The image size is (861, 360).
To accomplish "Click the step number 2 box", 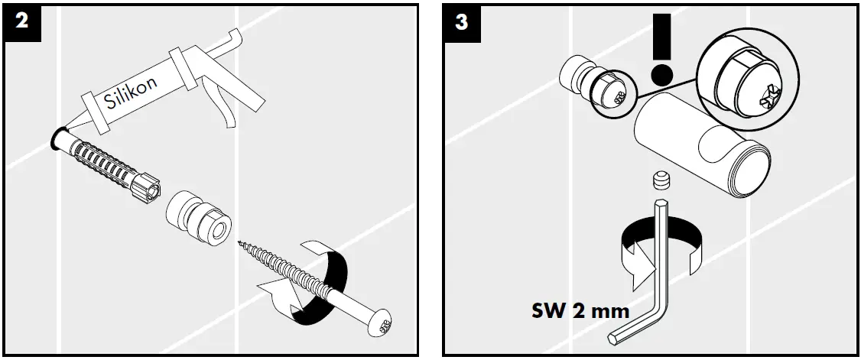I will [21, 21].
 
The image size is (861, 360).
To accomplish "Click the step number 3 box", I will [461, 21].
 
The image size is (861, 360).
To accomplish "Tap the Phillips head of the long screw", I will [381, 323].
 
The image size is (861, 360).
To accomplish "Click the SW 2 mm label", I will [580, 311].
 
